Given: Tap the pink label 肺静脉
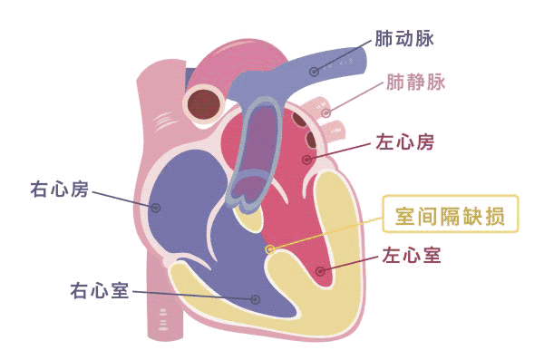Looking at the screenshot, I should coord(416,83).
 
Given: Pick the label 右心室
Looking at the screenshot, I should coord(100,291).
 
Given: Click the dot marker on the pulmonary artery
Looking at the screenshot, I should coord(314,71).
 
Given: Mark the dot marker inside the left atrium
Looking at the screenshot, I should coord(307,160).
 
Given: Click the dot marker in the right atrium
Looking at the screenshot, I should coord(156,208).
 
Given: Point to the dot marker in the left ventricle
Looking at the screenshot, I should coord(319,271).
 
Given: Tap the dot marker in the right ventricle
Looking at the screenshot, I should coord(256,298).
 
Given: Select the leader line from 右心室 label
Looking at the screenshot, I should coord(190,295).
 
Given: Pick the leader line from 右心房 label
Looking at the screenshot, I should coord(122,199).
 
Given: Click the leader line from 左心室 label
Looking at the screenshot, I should coord(349,263).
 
